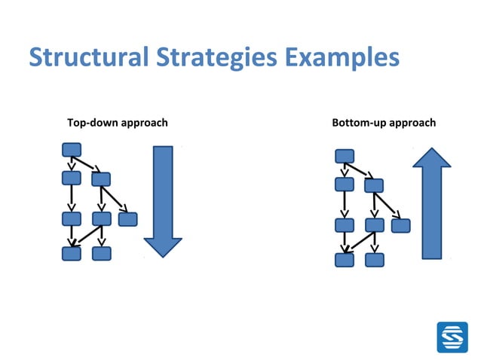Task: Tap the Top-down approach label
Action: tap(118, 122)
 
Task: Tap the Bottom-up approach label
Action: tap(384, 122)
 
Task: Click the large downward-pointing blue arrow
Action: tap(163, 200)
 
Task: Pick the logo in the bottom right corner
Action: tap(452, 337)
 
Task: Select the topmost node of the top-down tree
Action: tap(72, 149)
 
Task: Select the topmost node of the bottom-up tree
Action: tap(345, 156)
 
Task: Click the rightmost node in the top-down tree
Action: tap(128, 219)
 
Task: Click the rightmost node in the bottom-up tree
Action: tap(401, 225)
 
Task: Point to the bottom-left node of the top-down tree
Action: tap(72, 253)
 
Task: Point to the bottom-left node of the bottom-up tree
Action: tap(345, 260)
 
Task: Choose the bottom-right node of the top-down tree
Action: tap(102, 253)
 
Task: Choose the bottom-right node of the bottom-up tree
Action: tap(375, 260)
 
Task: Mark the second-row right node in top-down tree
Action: tap(101, 179)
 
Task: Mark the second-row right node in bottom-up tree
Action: tap(374, 185)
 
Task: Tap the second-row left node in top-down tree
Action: tap(72, 178)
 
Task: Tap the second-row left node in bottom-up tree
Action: tap(345, 185)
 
